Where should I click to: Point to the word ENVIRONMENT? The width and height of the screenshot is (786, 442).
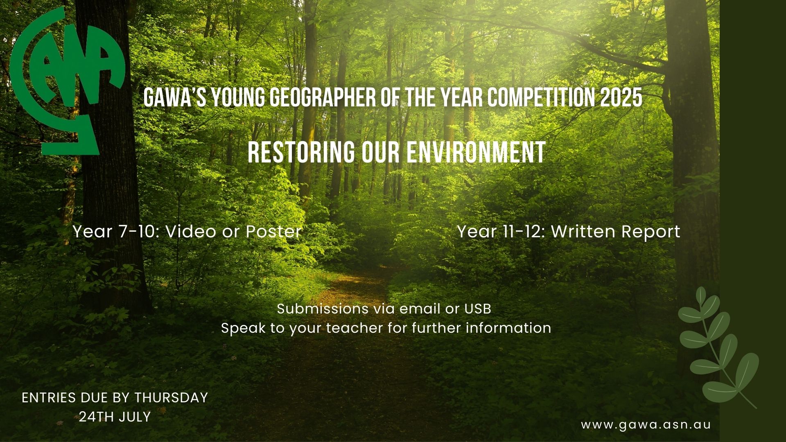(x=476, y=153)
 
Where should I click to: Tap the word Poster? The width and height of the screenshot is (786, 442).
(x=273, y=232)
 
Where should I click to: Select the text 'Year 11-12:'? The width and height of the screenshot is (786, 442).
(x=501, y=232)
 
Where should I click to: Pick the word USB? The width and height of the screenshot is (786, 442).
(x=478, y=309)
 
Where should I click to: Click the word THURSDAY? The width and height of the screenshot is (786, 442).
(x=171, y=398)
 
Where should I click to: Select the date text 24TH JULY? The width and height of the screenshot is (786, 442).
(x=115, y=417)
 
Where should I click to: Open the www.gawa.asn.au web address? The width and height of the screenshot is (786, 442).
(x=646, y=425)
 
